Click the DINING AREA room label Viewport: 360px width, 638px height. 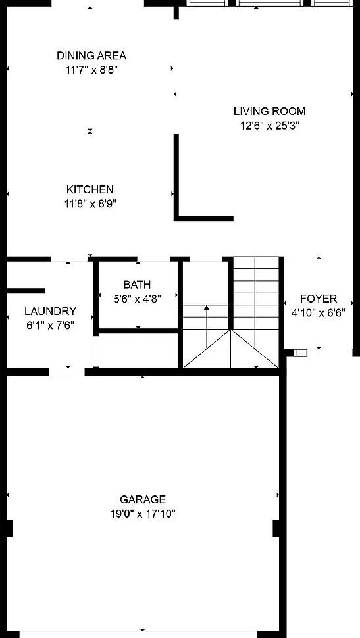[x=91, y=56]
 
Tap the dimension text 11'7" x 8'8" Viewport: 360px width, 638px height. [x=91, y=68]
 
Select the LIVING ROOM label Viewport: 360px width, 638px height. [x=269, y=111]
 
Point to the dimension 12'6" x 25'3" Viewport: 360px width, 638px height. [x=269, y=125]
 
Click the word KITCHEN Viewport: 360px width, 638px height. [x=90, y=189]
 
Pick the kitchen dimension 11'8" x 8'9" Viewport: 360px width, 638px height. [x=90, y=203]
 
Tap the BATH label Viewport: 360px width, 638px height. [x=137, y=285]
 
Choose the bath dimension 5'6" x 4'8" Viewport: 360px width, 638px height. [x=137, y=298]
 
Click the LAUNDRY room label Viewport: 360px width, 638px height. [x=50, y=311]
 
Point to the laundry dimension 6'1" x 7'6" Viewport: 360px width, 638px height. [x=50, y=324]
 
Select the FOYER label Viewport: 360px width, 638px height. [x=319, y=299]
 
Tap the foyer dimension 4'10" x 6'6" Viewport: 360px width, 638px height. [x=319, y=312]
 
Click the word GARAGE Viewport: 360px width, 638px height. [x=143, y=500]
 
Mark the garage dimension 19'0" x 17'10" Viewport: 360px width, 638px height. [x=143, y=514]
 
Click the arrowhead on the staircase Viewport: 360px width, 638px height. [x=207, y=307]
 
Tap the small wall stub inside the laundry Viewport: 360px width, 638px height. [x=26, y=290]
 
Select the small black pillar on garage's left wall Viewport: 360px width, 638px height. [x=9, y=528]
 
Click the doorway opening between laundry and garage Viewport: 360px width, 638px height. [x=67, y=372]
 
